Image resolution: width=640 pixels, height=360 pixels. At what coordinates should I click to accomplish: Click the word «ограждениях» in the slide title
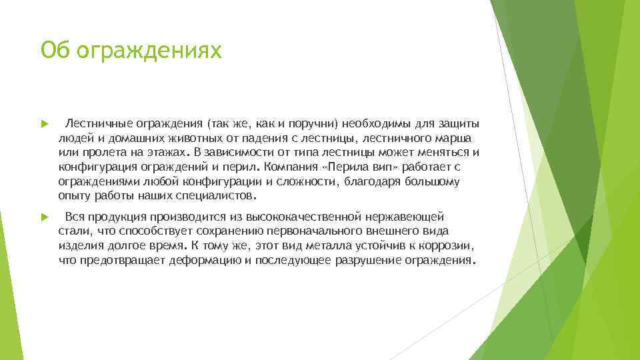click(149, 50)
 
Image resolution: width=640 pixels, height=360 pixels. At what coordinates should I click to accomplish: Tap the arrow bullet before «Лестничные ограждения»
click(44, 124)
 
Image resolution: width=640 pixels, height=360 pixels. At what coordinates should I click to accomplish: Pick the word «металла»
click(315, 246)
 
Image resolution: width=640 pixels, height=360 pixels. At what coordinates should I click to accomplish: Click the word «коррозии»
click(449, 246)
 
